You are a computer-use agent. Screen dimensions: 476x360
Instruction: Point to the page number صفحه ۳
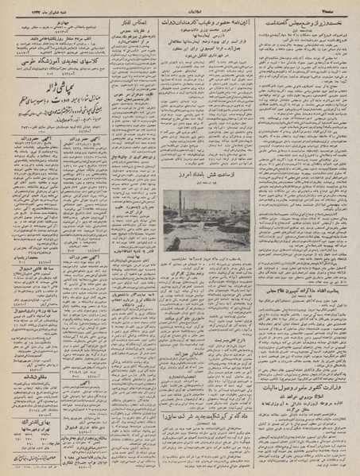pyautogui.click(x=338, y=7)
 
